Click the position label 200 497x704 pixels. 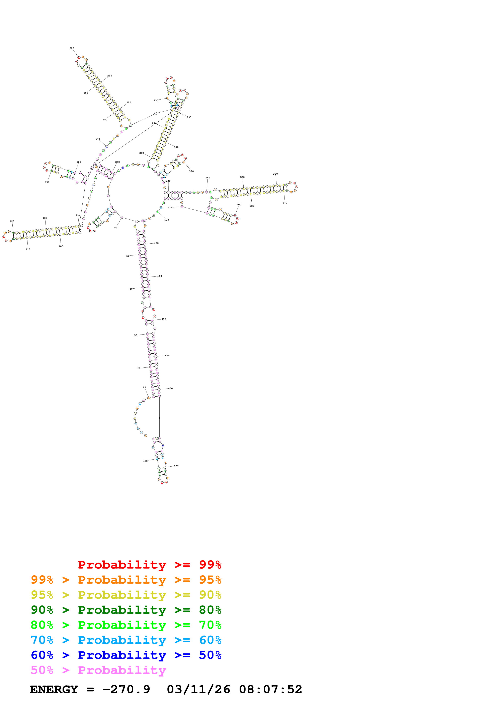click(72, 48)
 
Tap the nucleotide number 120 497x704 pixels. click(12, 221)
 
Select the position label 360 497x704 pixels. click(275, 174)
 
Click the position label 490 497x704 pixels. click(146, 461)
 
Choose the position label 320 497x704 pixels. click(191, 171)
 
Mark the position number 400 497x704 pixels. click(239, 204)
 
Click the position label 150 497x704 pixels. click(47, 182)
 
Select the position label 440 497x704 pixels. click(160, 276)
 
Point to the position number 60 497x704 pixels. click(116, 228)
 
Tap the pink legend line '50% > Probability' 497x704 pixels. click(98, 670)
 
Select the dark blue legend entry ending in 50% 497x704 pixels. click(126, 655)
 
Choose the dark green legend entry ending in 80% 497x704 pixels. click(126, 610)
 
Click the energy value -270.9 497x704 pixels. click(126, 690)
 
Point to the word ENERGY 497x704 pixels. click(54, 690)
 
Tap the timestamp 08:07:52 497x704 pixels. click(271, 690)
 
